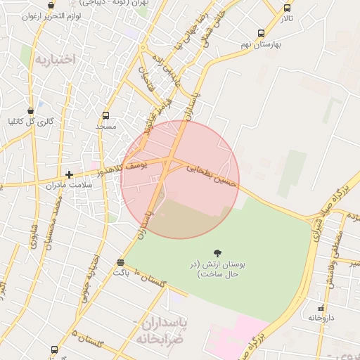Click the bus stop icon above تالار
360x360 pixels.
pos(287,8)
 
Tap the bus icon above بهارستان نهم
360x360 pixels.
pos(262,33)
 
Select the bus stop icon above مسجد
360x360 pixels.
pos(105,115)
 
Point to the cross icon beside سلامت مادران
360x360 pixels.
pos(69,174)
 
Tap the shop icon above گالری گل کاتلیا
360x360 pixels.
pos(30,110)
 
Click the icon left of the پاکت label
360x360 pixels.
pos(121,263)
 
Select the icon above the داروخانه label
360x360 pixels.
pos(322,307)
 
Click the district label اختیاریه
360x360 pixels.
pos(53,59)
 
